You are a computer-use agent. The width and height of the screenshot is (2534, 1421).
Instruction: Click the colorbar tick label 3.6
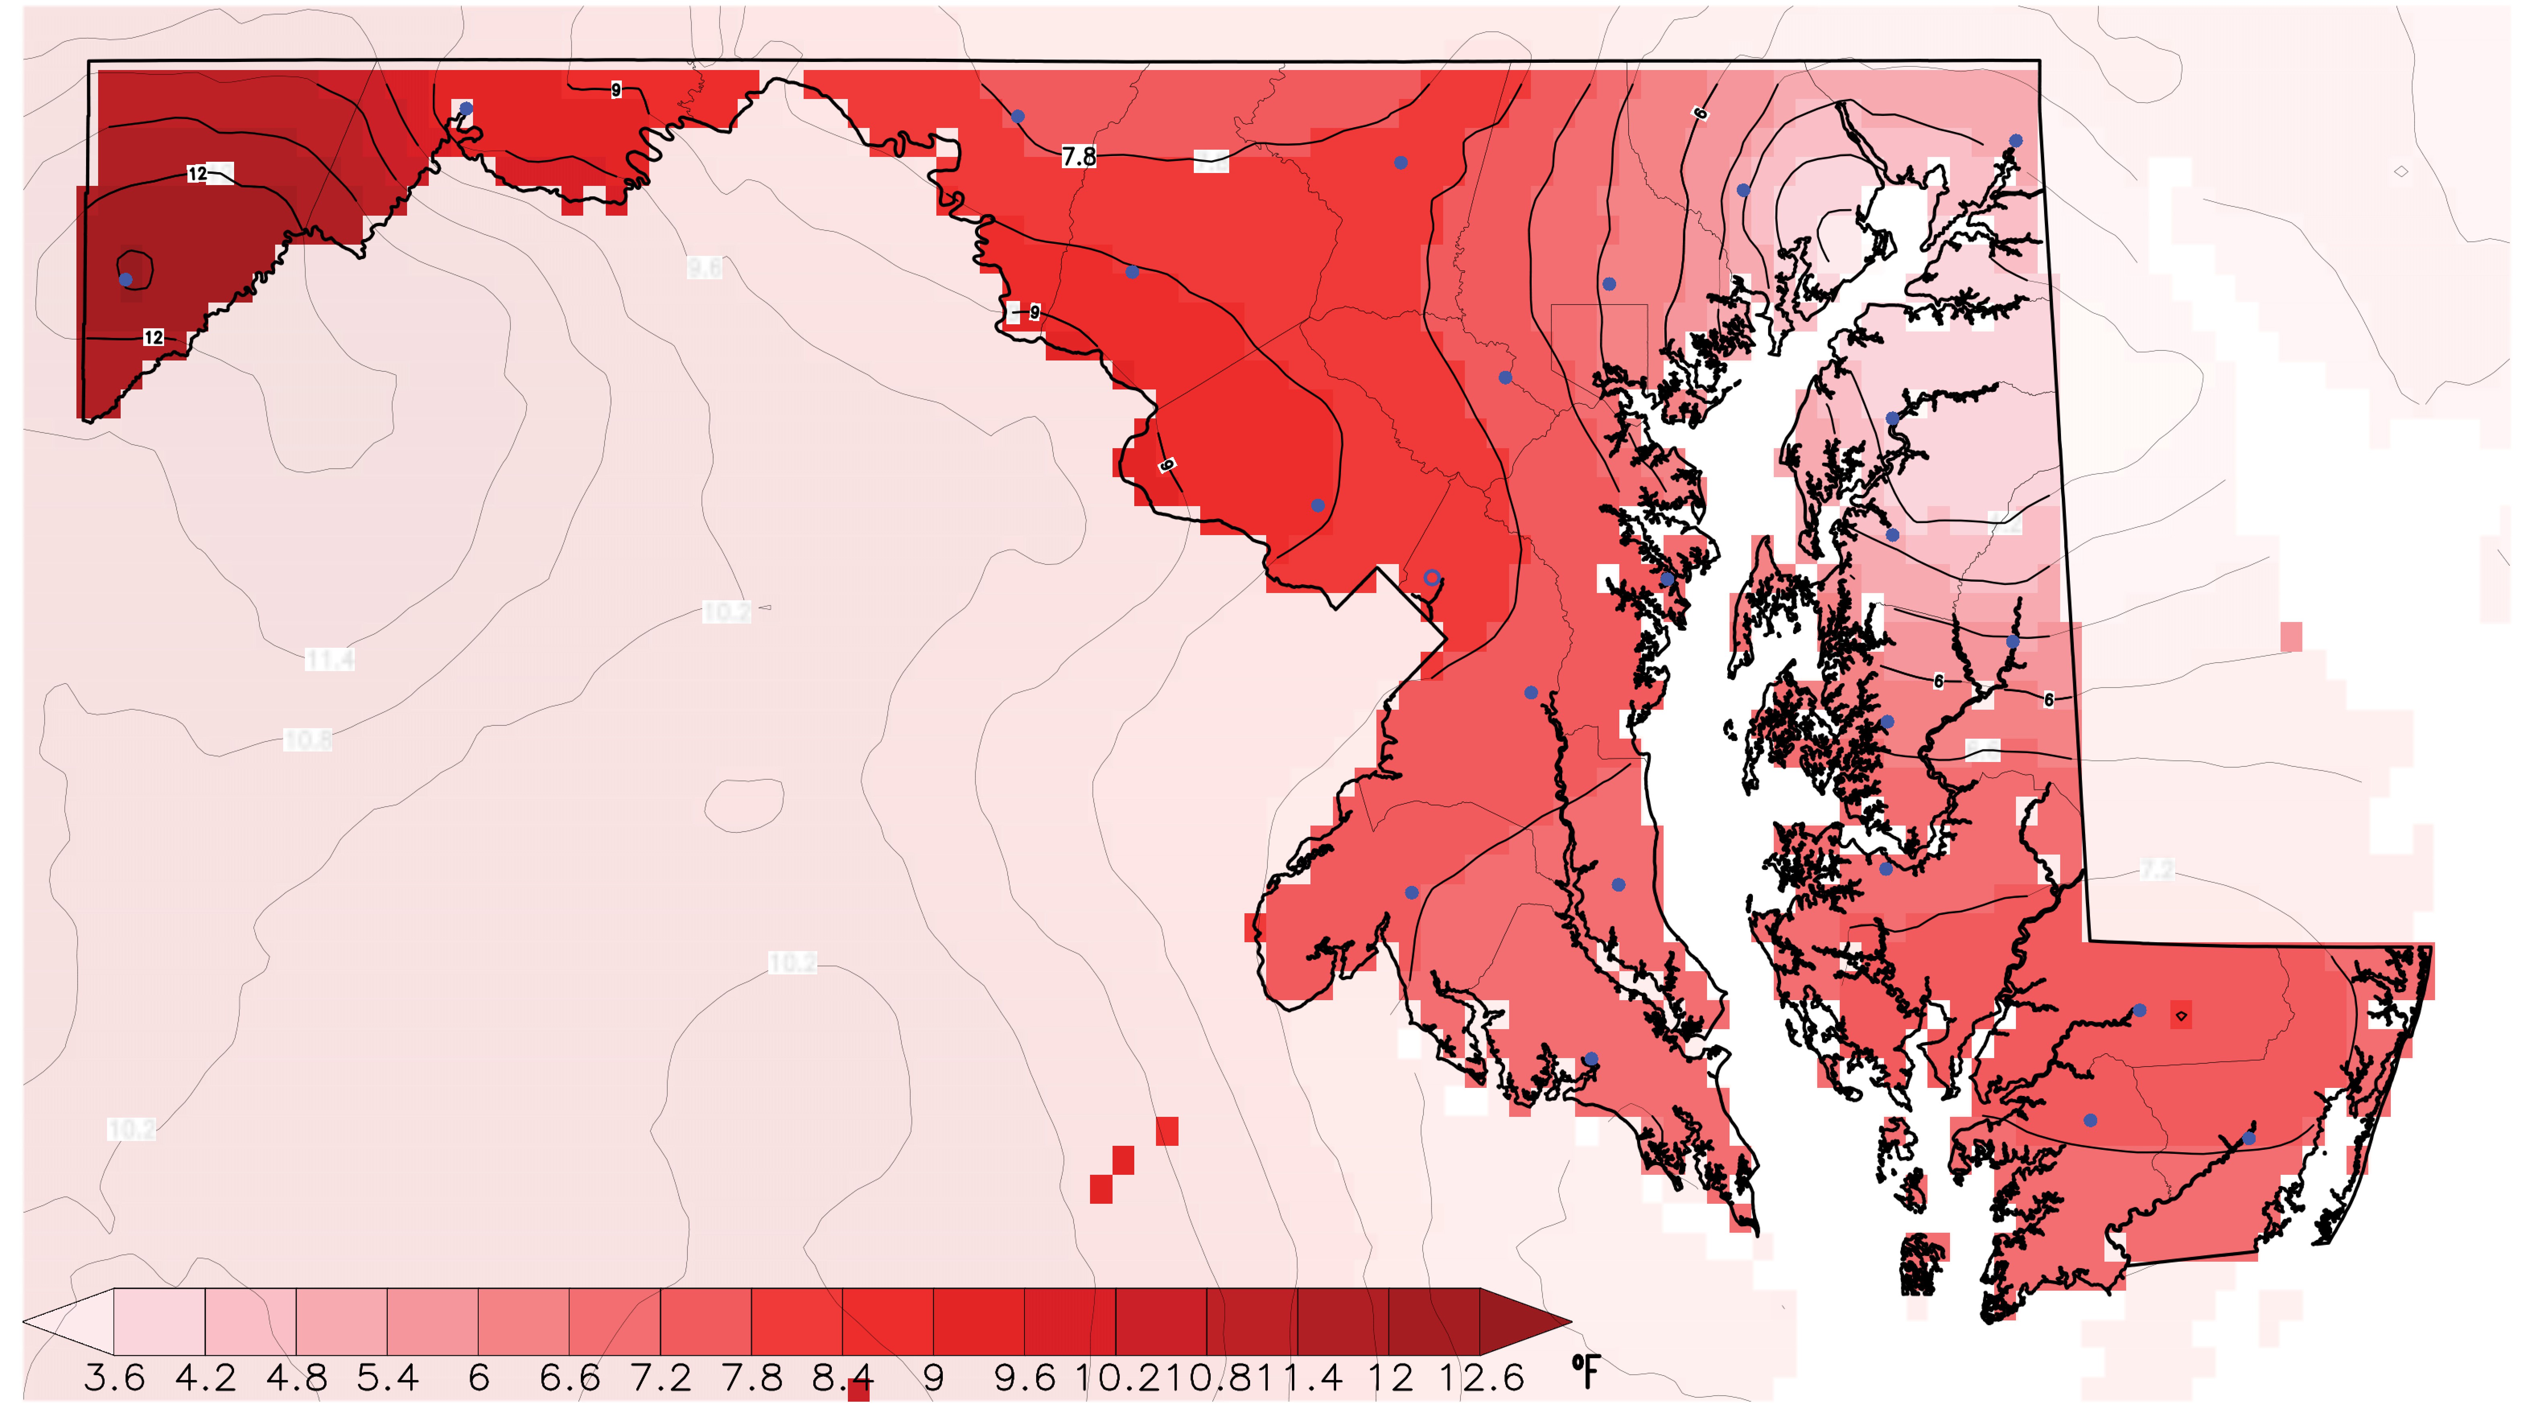(x=114, y=1378)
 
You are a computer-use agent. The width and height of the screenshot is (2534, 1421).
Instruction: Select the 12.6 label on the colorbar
(x=1481, y=1378)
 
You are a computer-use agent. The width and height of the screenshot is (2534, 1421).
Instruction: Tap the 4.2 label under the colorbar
(x=206, y=1378)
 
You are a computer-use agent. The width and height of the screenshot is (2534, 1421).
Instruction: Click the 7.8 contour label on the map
(x=1078, y=157)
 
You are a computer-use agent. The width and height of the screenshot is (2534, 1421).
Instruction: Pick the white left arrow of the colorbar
(x=69, y=1322)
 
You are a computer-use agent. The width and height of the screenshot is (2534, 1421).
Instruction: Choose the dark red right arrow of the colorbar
(x=1525, y=1322)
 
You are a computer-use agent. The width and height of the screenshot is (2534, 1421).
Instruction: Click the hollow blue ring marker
(x=1431, y=578)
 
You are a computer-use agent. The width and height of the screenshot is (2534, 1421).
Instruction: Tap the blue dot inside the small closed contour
(x=126, y=280)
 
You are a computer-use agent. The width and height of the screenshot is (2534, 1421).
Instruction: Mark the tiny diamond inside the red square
(x=2181, y=1015)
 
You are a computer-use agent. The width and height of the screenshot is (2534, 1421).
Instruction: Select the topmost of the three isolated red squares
(x=1167, y=1131)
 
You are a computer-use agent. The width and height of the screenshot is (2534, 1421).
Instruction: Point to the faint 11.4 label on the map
(x=329, y=658)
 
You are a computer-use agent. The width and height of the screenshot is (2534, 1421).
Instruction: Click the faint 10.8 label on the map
(x=307, y=739)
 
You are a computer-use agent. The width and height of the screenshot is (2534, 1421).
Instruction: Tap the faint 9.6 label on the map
(x=704, y=268)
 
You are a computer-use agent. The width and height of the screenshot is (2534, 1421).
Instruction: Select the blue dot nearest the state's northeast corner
(x=2016, y=141)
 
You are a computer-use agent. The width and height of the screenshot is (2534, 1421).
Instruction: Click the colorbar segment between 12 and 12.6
(x=1434, y=1322)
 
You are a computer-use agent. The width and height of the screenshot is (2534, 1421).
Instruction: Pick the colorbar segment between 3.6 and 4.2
(x=159, y=1322)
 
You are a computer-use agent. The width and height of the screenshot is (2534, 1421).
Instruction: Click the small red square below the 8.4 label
(x=859, y=1390)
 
